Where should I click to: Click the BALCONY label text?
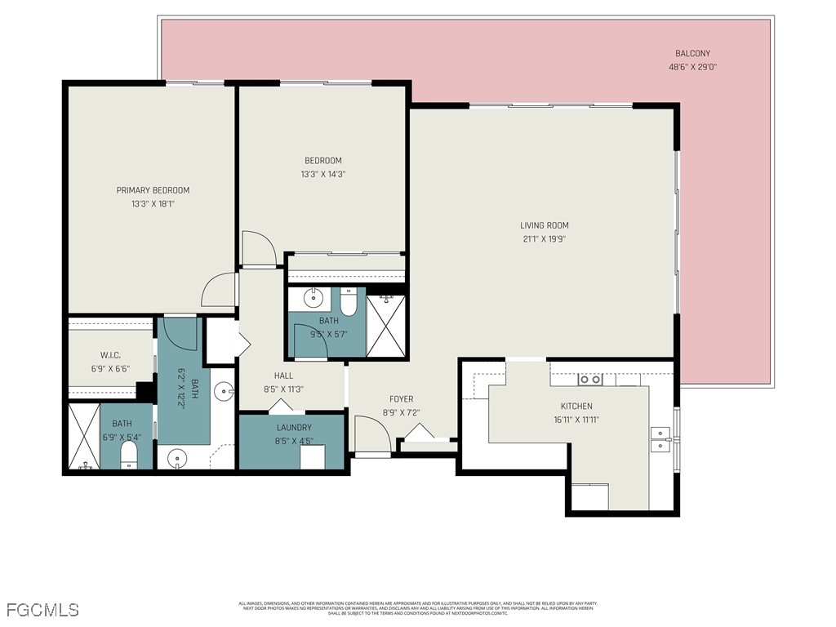[692, 54]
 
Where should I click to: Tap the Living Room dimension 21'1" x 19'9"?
[544, 239]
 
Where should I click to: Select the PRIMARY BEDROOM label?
[153, 190]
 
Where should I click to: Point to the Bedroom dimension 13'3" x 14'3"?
[322, 174]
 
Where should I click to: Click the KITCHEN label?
[576, 407]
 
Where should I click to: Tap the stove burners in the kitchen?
[590, 380]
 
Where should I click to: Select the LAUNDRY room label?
[293, 427]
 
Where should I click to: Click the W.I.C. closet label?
[111, 355]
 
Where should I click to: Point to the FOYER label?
[401, 399]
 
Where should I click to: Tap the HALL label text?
[283, 376]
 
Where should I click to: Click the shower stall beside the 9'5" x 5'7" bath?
[386, 326]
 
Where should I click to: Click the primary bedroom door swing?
[219, 291]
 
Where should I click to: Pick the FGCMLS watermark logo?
[42, 610]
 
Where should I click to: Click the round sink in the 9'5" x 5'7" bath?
[313, 297]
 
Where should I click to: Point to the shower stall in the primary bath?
[82, 437]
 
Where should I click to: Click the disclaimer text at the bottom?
[417, 608]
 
